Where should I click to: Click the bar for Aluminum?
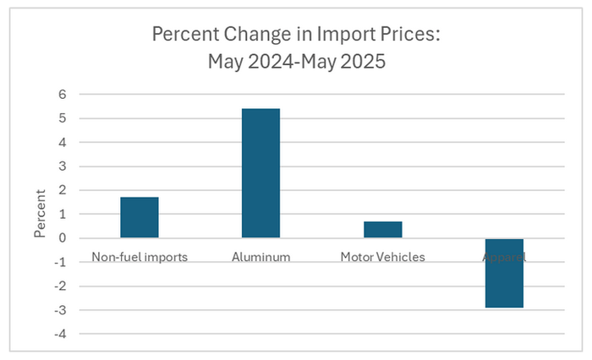tap(260, 173)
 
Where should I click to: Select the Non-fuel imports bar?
tap(140, 217)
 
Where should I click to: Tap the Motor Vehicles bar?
tap(383, 230)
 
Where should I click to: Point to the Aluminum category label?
tap(260, 256)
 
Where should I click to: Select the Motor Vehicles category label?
tap(383, 256)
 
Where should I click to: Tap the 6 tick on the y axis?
tap(62, 95)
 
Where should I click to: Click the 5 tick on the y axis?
tap(62, 118)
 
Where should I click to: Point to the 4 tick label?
tap(62, 143)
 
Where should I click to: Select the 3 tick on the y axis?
tap(62, 166)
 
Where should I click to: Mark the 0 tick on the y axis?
tap(62, 238)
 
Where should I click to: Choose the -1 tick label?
tap(60, 262)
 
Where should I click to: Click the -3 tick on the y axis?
tap(60, 309)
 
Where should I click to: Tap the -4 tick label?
tap(60, 333)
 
